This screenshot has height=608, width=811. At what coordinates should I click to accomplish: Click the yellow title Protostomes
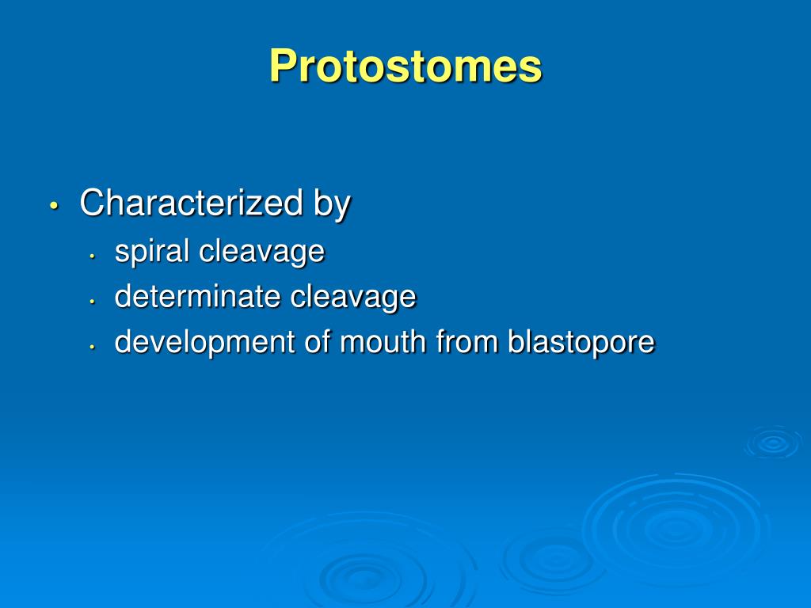tap(405, 66)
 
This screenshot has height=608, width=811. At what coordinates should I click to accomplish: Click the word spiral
tap(152, 252)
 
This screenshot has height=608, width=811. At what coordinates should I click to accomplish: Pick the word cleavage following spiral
tap(261, 252)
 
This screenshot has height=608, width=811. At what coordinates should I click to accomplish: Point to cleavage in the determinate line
tap(352, 297)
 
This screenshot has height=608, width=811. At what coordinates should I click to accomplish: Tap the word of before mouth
tap(314, 342)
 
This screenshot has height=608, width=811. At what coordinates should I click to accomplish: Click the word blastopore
tap(581, 342)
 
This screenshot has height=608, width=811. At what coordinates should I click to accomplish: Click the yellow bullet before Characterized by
tap(53, 205)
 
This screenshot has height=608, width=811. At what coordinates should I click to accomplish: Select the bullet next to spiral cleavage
tap(93, 255)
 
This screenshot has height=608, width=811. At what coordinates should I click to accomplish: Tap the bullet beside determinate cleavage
tap(93, 300)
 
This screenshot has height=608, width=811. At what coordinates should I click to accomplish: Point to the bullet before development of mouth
tap(93, 346)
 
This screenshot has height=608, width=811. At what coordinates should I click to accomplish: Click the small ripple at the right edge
tap(773, 443)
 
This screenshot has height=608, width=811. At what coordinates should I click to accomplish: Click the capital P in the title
tap(282, 66)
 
